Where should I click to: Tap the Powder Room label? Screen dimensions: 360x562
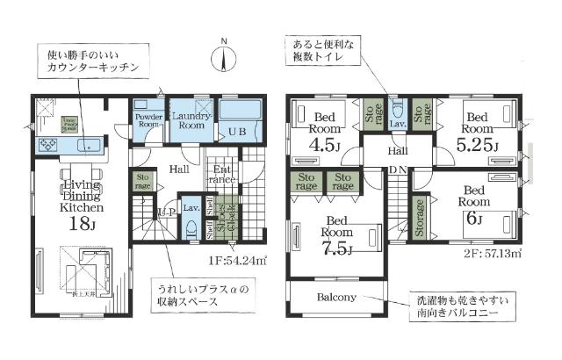click(x=148, y=120)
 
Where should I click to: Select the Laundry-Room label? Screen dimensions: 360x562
click(x=187, y=120)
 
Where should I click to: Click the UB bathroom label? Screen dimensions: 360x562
click(x=237, y=131)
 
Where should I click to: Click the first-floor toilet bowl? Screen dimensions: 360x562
click(x=191, y=227)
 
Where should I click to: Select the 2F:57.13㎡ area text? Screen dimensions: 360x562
click(x=503, y=254)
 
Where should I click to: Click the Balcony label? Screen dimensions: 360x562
click(x=336, y=297)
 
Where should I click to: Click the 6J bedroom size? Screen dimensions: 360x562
click(x=474, y=217)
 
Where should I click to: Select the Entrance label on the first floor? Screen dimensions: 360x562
click(x=221, y=174)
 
